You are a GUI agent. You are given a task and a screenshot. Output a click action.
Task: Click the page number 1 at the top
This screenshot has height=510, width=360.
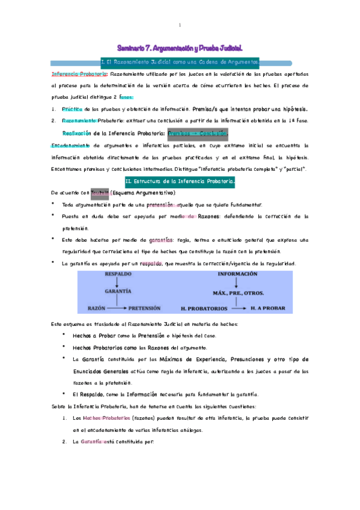pyautogui.click(x=180, y=25)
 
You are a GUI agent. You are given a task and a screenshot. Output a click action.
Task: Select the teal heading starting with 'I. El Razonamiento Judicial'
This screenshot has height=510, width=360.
pyautogui.click(x=180, y=62)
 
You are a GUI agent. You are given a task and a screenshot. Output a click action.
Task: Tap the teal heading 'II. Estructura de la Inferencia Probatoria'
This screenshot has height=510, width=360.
pyautogui.click(x=180, y=180)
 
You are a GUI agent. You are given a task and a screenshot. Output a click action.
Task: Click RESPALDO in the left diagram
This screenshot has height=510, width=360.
pyautogui.click(x=118, y=274)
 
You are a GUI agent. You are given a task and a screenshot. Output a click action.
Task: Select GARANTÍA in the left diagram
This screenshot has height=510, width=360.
pyautogui.click(x=118, y=290)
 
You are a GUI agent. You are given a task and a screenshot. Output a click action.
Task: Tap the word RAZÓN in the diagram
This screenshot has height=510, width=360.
pyautogui.click(x=97, y=307)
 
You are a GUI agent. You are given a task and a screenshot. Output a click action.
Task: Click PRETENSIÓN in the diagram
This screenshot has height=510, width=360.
pyautogui.click(x=144, y=307)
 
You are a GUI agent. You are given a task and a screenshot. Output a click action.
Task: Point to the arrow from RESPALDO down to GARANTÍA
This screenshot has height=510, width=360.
pyautogui.click(x=118, y=282)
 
